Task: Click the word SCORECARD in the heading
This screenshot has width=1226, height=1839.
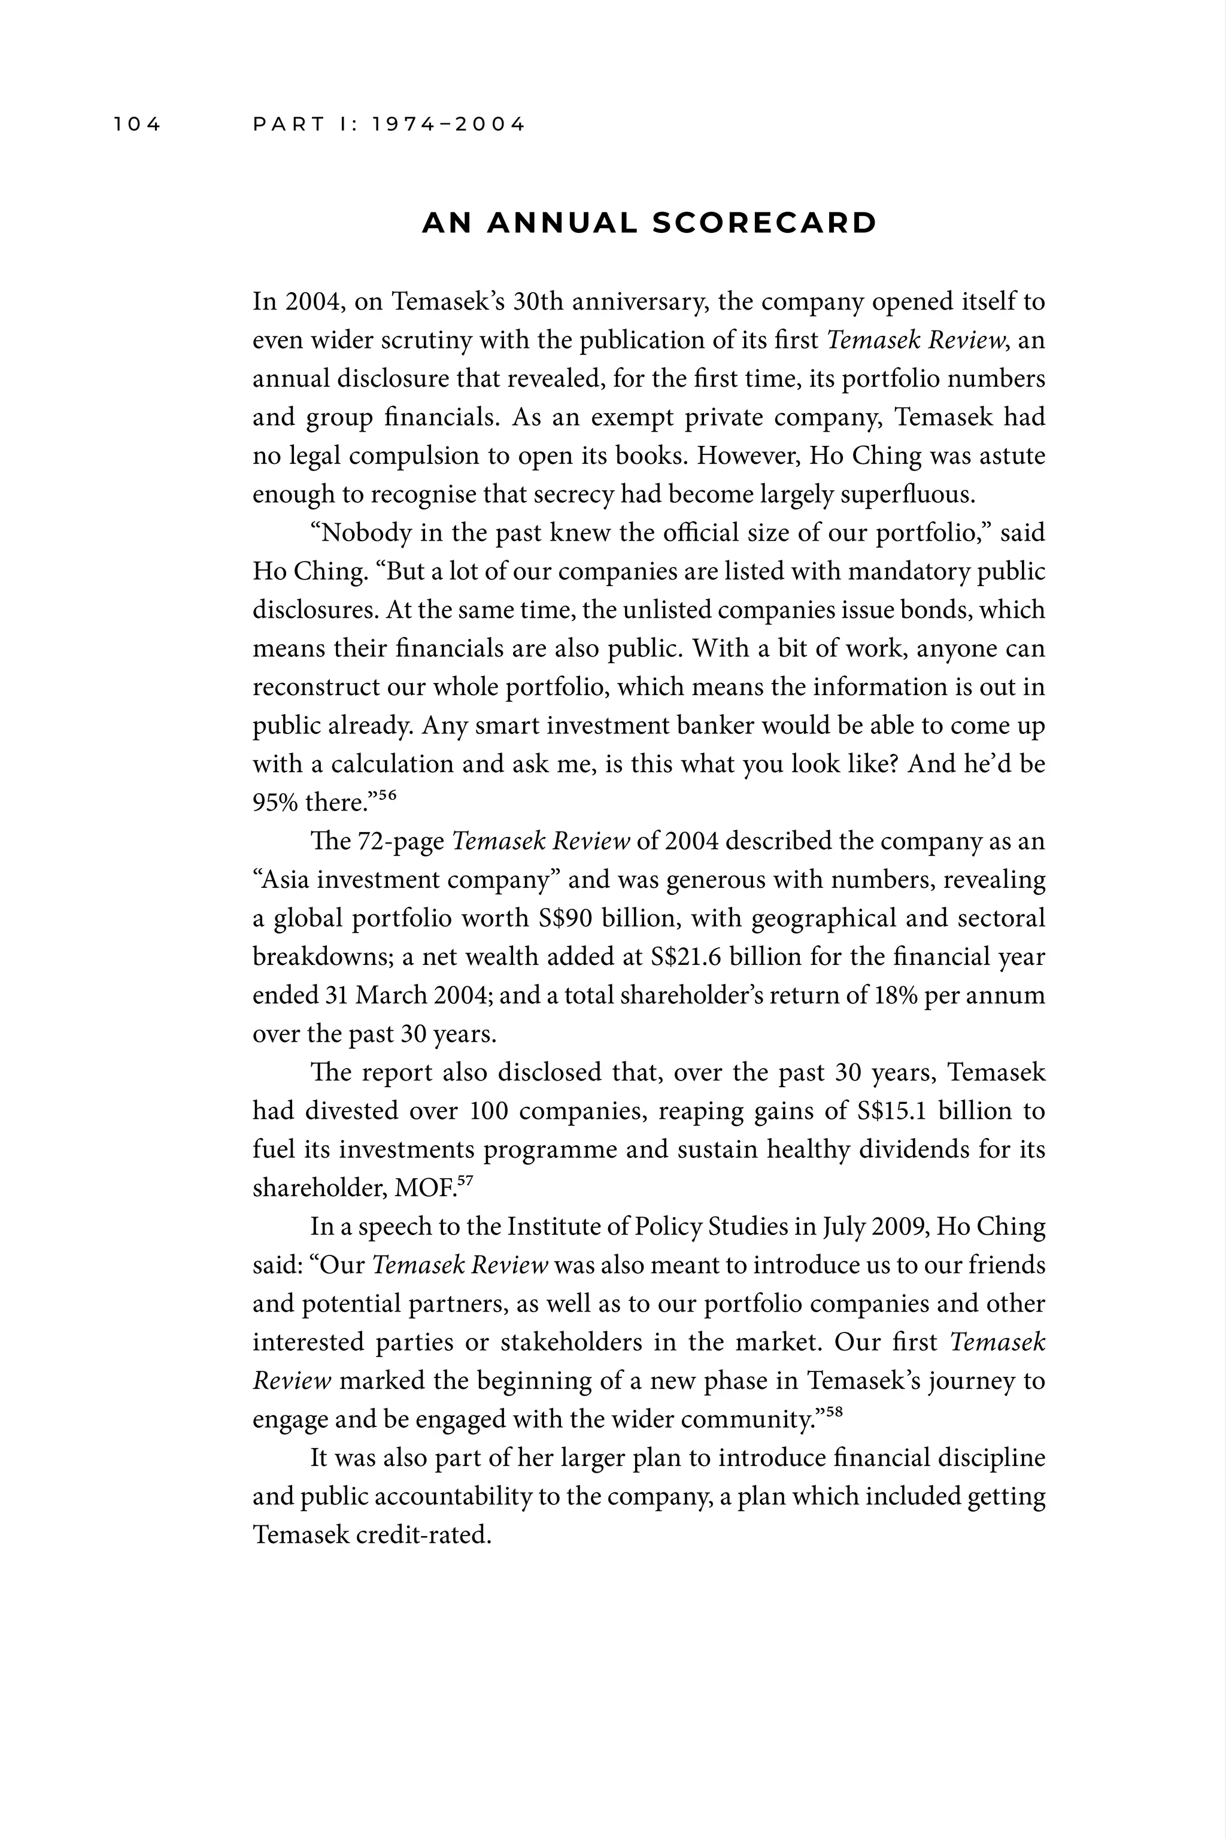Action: coord(764,224)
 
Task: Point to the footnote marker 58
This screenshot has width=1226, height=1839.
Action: coord(834,1412)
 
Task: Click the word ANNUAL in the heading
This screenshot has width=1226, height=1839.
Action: coord(562,224)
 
